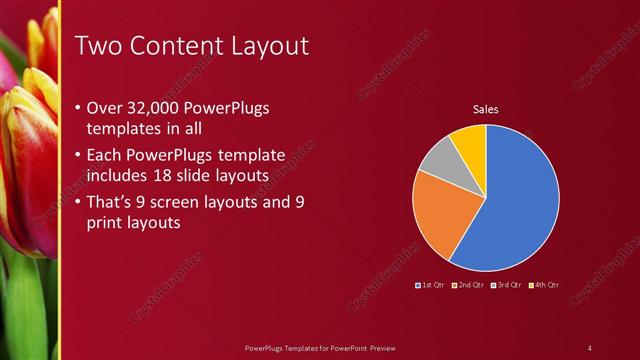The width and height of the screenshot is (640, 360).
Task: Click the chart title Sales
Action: (485, 110)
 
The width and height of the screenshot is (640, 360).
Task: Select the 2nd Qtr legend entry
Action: (469, 285)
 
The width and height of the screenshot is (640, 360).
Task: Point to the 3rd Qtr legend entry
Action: (507, 285)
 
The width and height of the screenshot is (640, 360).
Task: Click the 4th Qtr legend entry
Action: (544, 285)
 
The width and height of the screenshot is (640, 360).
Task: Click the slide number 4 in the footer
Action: (590, 348)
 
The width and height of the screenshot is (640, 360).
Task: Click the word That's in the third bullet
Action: (109, 203)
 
